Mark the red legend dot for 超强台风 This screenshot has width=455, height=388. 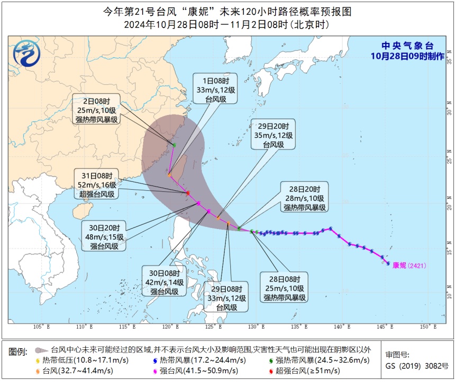pyautogui.click(x=270, y=371)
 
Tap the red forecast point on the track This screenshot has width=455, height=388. pyautogui.click(x=188, y=192)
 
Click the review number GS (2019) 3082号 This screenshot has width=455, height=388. pyautogui.click(x=416, y=366)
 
